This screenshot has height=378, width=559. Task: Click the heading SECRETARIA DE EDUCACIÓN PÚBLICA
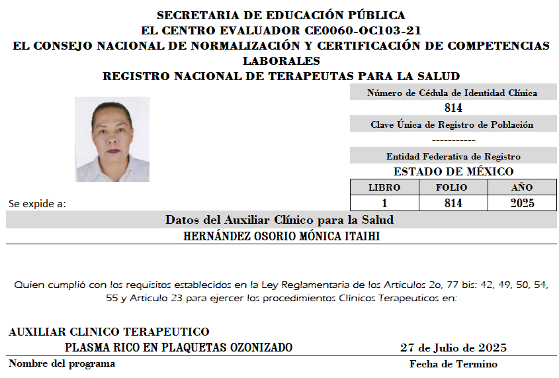coord(281,15)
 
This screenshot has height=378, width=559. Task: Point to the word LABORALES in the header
coord(281,61)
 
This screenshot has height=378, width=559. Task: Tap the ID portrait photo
coord(112,139)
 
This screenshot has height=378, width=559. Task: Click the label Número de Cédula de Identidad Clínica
coord(452,93)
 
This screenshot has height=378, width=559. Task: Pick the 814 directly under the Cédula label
coord(453,108)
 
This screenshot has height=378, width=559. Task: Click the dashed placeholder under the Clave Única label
coord(453,140)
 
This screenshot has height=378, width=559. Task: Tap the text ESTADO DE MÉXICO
coord(453,171)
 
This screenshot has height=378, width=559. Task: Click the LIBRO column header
coord(384,187)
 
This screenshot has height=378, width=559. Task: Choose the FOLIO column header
coord(453,187)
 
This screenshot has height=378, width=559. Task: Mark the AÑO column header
coord(522,187)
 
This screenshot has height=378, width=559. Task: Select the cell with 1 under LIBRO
coord(384,203)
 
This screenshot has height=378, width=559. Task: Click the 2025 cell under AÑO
coord(522,203)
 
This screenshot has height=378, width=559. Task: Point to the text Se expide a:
coord(37,204)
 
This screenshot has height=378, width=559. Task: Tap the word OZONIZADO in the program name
coord(260,348)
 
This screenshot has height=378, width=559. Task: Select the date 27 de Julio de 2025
coord(453,348)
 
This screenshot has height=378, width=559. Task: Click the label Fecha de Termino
coord(453,364)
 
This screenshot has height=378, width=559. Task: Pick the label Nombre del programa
coord(62,363)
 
